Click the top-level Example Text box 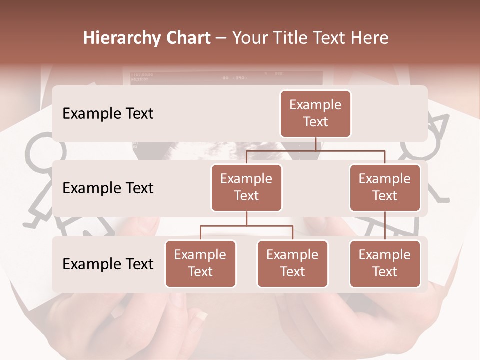315,113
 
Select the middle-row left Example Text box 246,187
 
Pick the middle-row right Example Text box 385,187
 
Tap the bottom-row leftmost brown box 200,263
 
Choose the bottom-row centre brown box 292,263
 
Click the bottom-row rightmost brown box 385,263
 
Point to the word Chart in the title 186,38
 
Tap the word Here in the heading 370,38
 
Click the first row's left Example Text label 108,113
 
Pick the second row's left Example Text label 108,188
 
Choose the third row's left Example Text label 108,264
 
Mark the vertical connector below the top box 315,144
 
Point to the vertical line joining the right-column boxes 385,226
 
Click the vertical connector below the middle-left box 246,218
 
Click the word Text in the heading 332,38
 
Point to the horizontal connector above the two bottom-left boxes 246,226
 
